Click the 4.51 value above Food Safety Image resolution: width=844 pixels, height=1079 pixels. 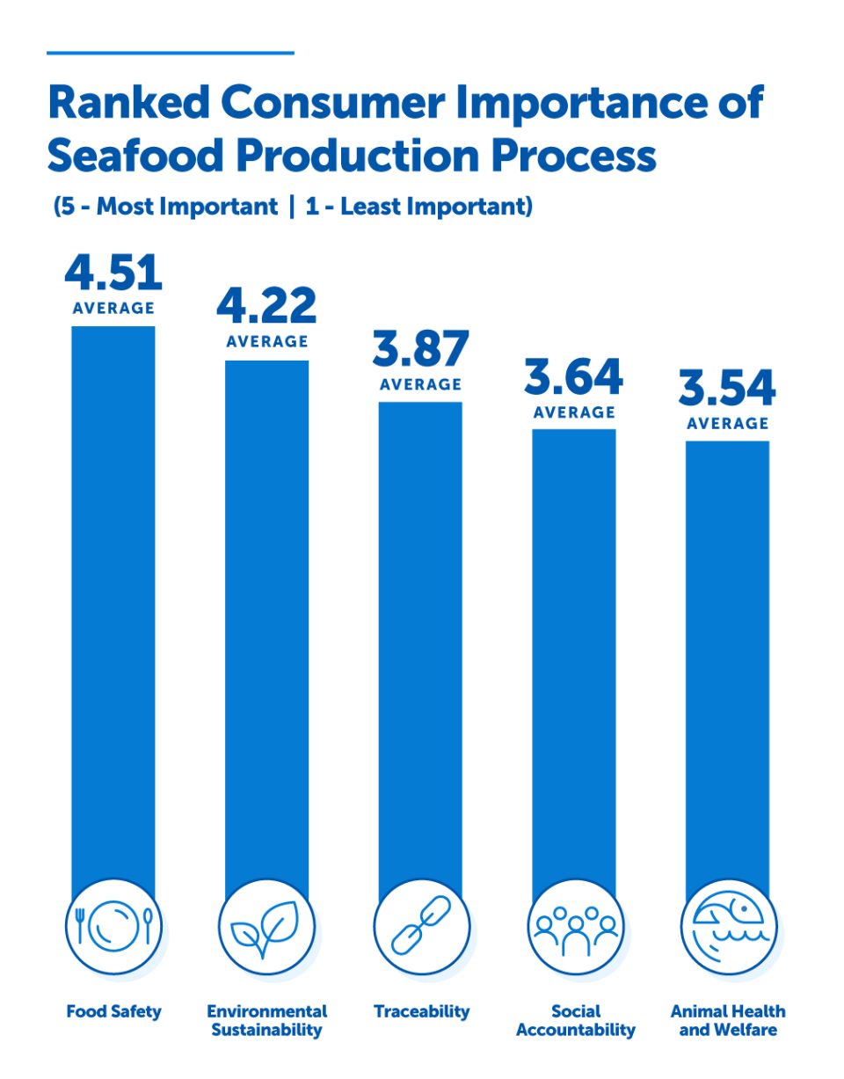click(x=113, y=273)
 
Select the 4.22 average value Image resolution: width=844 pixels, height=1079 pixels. click(x=266, y=307)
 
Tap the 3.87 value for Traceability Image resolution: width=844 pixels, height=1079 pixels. click(x=420, y=350)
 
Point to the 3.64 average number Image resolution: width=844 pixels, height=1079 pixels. click(x=574, y=378)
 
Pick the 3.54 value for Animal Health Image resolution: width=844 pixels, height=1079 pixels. click(x=727, y=389)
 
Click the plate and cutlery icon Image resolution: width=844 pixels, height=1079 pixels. click(x=114, y=926)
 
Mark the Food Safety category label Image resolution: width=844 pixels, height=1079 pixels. click(x=114, y=1011)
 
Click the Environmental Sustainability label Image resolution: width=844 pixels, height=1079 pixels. click(x=266, y=1020)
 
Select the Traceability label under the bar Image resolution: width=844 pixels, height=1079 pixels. click(x=421, y=1011)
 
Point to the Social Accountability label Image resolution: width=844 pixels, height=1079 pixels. click(x=575, y=1020)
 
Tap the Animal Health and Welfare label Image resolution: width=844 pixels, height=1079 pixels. click(x=728, y=1020)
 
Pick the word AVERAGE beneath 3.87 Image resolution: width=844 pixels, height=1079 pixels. click(x=420, y=384)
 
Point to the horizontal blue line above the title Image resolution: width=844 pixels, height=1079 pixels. click(x=170, y=53)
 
